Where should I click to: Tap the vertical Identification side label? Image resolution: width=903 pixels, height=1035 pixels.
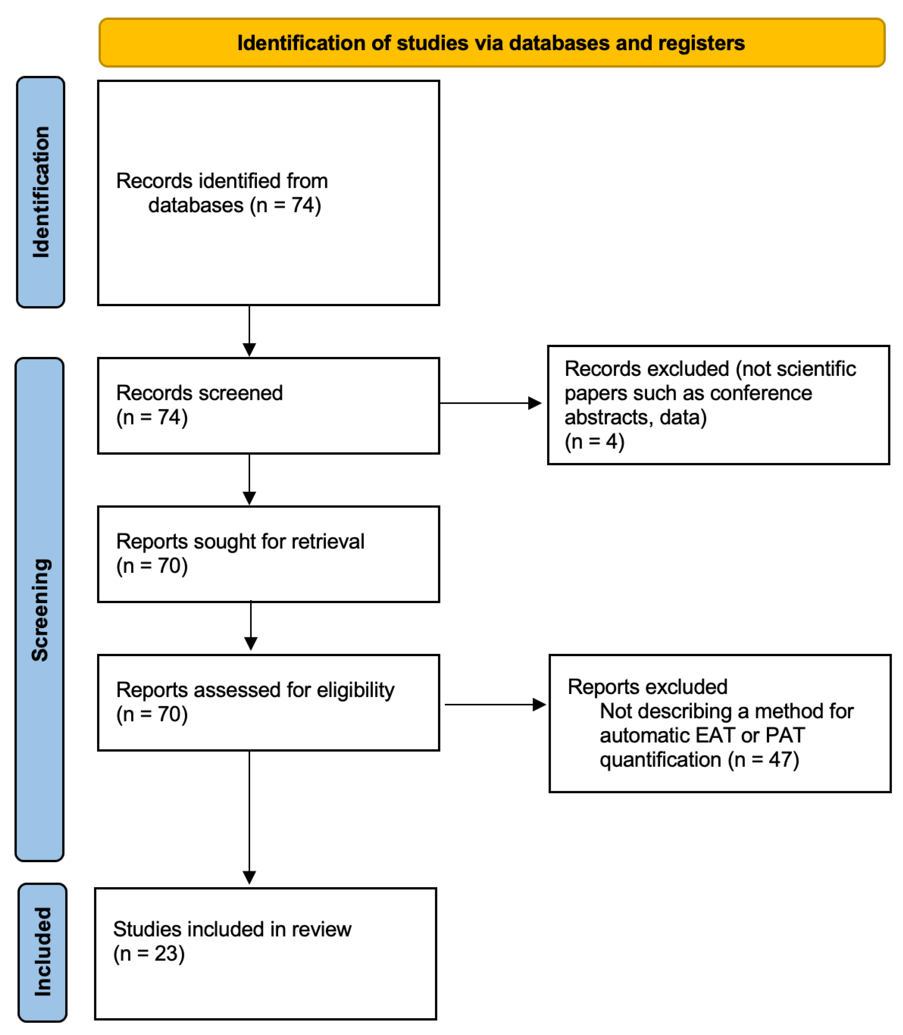coord(41,192)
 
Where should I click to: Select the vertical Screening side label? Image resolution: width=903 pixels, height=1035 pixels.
coord(40,610)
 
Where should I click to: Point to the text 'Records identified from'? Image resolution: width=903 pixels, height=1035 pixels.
coord(222,181)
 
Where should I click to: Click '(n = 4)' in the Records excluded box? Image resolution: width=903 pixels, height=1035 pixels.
coord(595,441)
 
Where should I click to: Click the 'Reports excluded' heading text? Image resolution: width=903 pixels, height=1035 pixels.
coord(647,687)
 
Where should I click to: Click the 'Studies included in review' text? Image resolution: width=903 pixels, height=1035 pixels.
coord(232,929)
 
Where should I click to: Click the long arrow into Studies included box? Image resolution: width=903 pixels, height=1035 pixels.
coord(249,816)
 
